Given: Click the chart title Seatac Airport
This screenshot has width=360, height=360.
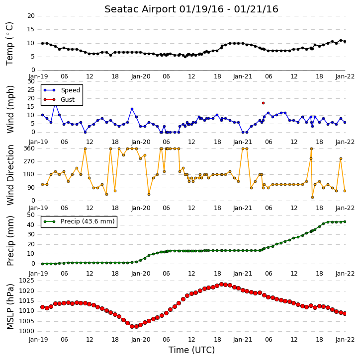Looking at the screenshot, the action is (x=140, y=9).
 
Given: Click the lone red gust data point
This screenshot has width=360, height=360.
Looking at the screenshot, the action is (x=263, y=103).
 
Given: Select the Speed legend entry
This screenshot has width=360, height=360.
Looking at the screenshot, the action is (x=62, y=90).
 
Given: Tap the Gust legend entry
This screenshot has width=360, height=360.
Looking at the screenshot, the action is (x=59, y=100).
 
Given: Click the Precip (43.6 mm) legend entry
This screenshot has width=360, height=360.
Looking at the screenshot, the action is (x=79, y=221).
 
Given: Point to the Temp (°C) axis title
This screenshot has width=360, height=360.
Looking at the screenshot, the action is (x=9, y=44).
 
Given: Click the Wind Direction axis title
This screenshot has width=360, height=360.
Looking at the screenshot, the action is (x=10, y=175).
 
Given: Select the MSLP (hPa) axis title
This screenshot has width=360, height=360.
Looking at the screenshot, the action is (x=10, y=307).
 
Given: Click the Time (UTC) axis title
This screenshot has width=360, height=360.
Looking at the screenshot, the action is (x=191, y=350).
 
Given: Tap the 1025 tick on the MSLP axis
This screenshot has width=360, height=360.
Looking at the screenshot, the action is (x=26, y=281).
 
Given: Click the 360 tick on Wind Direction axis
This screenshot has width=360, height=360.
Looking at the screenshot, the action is (x=29, y=148).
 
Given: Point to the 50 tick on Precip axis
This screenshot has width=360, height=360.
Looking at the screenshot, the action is (x=31, y=215).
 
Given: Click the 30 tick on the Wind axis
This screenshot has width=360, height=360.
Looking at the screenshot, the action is (x=31, y=81).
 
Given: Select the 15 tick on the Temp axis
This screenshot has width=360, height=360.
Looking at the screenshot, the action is (x=31, y=29).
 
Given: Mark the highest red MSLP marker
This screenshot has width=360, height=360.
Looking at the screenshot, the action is (x=222, y=284).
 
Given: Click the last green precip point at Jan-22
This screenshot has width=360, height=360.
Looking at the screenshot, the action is (x=345, y=221).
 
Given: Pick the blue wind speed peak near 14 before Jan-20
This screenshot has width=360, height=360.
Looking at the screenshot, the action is (x=132, y=109).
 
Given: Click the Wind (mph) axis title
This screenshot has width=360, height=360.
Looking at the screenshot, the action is (x=10, y=109).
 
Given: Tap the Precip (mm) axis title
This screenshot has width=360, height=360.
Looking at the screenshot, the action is (x=10, y=241).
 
